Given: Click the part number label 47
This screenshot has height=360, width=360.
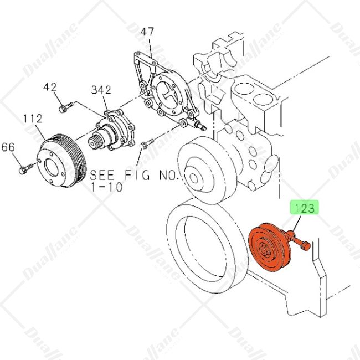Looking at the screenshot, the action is [x=147, y=32].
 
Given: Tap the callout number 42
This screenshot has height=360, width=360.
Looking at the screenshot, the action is [x=50, y=87].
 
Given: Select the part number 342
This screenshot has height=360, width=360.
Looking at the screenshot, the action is [x=101, y=90].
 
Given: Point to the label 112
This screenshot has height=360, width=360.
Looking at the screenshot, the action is [x=33, y=119].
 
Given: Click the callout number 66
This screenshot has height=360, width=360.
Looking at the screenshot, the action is [x=8, y=147].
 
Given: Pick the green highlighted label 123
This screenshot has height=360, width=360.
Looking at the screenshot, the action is [x=305, y=208].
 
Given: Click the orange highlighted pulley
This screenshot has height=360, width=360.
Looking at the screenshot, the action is [x=269, y=248].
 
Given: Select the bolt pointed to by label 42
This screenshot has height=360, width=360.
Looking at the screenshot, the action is [x=66, y=107].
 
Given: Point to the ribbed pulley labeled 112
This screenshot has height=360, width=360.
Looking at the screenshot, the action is [x=61, y=160].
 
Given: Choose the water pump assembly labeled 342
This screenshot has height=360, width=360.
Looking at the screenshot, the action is [x=112, y=131].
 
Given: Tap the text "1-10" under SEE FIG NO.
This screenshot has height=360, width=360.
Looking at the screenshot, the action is [x=107, y=187].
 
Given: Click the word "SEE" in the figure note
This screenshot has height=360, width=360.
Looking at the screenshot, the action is [x=102, y=175].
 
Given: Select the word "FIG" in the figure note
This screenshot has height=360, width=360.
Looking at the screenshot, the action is [x=137, y=175].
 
